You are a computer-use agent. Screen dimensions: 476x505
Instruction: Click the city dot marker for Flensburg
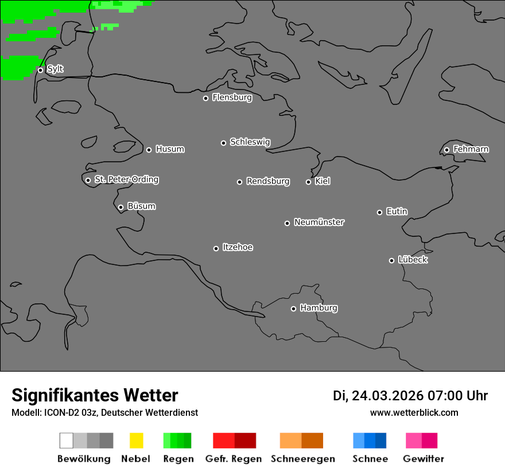click(205, 98)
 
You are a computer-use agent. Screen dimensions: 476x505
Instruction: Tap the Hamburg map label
click(318, 308)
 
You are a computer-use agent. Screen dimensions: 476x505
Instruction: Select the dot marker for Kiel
click(308, 182)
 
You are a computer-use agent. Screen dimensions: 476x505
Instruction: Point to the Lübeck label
click(413, 260)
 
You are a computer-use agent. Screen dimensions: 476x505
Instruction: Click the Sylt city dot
click(40, 70)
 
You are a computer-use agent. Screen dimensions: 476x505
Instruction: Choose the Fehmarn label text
click(471, 149)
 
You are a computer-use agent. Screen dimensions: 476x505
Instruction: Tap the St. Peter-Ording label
click(126, 180)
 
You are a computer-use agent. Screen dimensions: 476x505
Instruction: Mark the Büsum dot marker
click(121, 207)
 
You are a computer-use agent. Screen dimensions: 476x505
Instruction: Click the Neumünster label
click(319, 222)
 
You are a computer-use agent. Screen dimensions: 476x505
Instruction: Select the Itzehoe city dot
click(216, 248)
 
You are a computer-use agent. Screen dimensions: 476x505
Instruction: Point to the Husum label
click(170, 149)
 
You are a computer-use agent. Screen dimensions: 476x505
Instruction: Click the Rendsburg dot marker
click(239, 182)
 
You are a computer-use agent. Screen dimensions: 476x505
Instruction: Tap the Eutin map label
click(397, 212)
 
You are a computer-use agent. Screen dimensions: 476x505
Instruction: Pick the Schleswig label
click(250, 142)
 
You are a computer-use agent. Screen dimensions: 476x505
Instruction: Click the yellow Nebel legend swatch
click(136, 440)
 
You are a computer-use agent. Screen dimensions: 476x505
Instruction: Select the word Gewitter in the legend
click(424, 459)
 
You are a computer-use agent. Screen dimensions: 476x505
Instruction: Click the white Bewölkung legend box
click(66, 440)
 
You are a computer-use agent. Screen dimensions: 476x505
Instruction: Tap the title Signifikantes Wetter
click(95, 395)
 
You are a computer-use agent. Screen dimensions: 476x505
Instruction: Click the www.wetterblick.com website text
click(414, 412)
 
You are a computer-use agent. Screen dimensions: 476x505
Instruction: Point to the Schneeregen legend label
click(303, 459)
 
